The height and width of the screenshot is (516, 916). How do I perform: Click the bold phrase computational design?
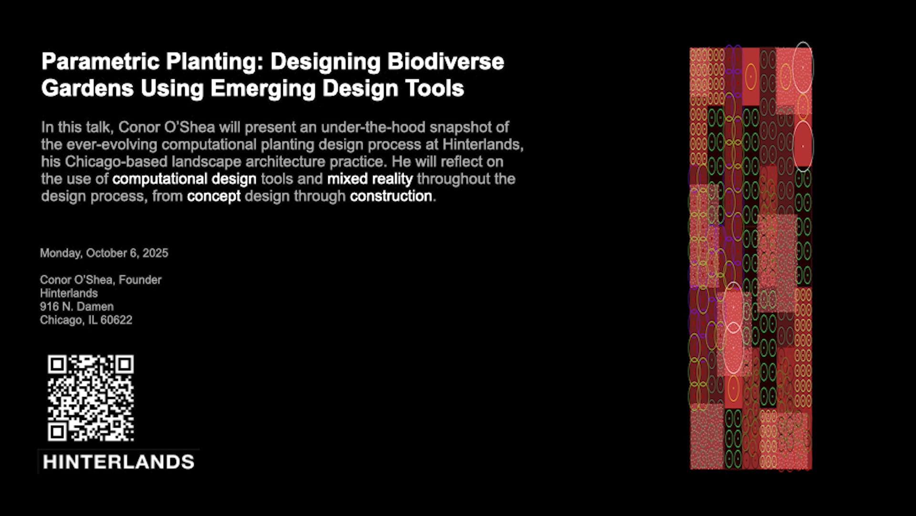click(185, 179)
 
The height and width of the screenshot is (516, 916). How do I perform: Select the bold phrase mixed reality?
click(370, 179)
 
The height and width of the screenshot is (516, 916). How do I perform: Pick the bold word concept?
click(214, 196)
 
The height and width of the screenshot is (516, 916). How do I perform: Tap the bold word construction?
click(391, 196)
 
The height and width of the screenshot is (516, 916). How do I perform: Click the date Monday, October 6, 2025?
click(104, 253)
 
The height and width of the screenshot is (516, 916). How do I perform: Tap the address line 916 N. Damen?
click(77, 307)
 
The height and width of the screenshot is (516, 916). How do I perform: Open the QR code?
click(91, 398)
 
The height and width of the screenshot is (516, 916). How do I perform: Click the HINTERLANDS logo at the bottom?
click(118, 462)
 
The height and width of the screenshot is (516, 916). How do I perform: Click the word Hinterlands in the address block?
click(69, 293)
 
